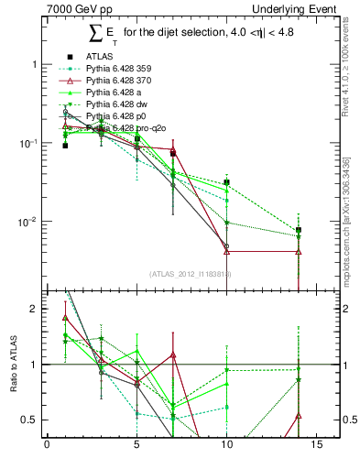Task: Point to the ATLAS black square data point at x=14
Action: click(299, 230)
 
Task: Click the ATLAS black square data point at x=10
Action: click(226, 182)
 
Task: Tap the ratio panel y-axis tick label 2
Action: click(33, 309)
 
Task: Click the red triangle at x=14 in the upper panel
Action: click(299, 251)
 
